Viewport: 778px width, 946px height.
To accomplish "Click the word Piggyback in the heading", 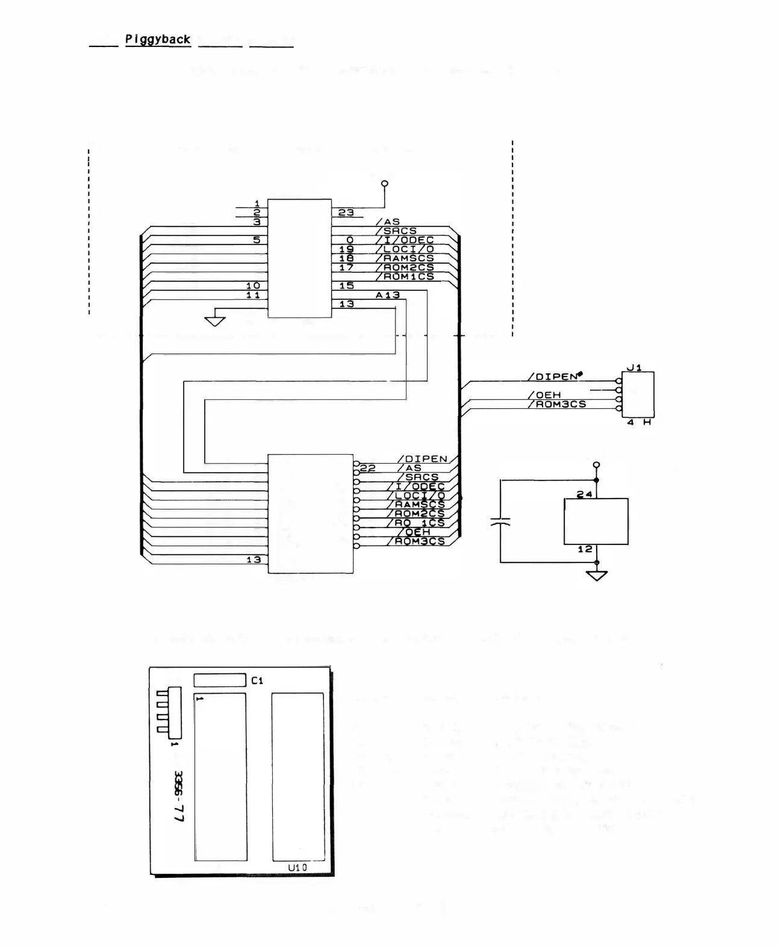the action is point(158,39).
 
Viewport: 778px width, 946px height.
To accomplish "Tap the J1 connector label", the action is point(634,367).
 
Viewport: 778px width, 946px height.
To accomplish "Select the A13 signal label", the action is point(387,295).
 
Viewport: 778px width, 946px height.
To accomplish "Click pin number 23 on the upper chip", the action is point(346,213).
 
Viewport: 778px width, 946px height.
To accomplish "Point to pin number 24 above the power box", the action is point(585,494).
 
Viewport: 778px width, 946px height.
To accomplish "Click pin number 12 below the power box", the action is point(585,549).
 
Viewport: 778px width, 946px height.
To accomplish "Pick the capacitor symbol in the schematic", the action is point(500,521).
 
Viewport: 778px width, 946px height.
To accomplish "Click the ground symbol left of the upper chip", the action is point(215,320).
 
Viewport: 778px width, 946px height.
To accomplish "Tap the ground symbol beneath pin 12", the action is point(597,576).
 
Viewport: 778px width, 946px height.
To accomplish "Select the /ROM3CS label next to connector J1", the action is point(557,404).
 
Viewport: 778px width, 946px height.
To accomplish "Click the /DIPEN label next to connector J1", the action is point(553,377).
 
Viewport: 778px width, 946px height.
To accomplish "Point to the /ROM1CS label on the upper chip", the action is point(405,276).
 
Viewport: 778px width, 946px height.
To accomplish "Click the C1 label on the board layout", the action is point(257,680).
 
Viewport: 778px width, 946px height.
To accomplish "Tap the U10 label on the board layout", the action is point(297,868).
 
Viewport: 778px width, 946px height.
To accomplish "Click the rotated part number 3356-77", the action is point(179,797).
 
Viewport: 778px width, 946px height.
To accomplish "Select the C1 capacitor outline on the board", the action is point(220,680).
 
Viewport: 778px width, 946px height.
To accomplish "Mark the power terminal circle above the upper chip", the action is point(385,183).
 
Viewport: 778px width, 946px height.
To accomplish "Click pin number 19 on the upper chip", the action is point(346,249).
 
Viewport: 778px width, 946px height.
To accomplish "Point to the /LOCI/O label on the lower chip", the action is point(420,496).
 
